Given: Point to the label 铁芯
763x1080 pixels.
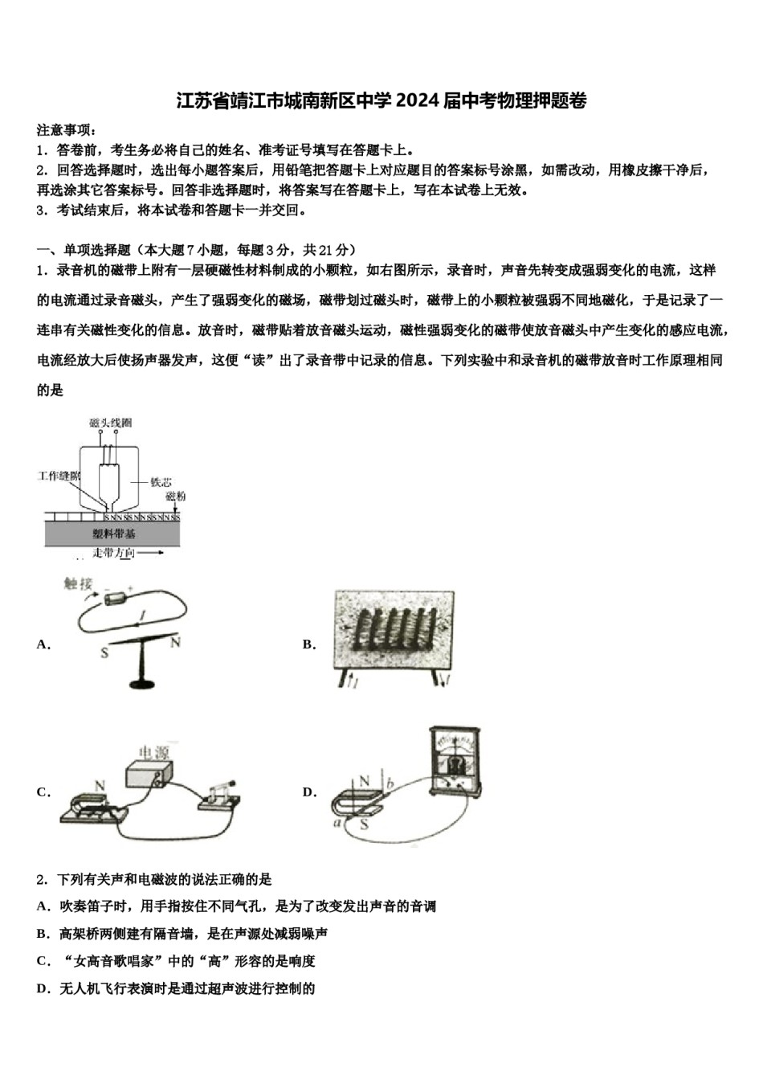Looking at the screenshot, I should pos(161,481).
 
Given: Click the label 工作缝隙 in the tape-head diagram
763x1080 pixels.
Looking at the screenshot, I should pos(59,476).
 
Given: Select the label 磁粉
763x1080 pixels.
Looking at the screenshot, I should pos(175,497).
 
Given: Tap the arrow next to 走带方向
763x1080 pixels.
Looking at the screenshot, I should pos(153,553).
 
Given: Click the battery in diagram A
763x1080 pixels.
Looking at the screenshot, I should pos(117,598).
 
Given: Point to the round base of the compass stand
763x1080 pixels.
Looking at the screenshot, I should pos(141,684).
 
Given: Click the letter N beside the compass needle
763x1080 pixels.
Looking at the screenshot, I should pos(175,642).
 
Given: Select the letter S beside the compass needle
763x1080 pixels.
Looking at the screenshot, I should pos(104,653).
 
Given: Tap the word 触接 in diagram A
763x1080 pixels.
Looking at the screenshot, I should pos(79,584).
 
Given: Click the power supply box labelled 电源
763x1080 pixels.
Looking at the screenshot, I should pos(149,772).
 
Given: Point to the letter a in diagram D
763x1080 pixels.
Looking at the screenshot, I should pos(337,823).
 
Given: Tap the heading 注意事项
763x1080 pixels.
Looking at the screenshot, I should pos(66,130).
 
